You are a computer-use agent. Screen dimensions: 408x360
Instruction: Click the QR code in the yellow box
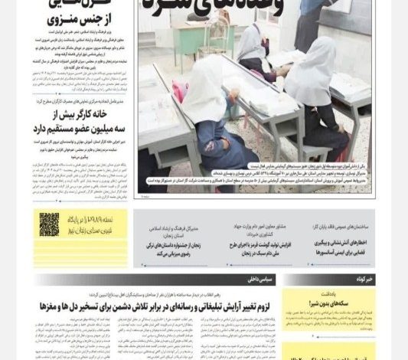[x=49, y=224]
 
